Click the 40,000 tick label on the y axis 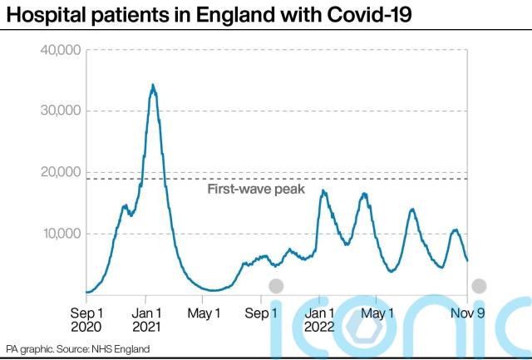pyautogui.click(x=60, y=50)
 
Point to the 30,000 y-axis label pyautogui.click(x=60, y=111)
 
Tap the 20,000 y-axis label pyautogui.click(x=60, y=172)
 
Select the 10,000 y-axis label pyautogui.click(x=60, y=233)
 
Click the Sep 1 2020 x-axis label pyautogui.click(x=87, y=320)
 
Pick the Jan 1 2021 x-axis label pyautogui.click(x=146, y=320)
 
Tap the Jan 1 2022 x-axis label pyautogui.click(x=320, y=320)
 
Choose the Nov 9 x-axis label pyautogui.click(x=465, y=313)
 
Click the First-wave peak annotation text pyautogui.click(x=256, y=190)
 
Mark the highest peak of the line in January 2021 pyautogui.click(x=153, y=85)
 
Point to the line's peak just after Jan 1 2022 pyautogui.click(x=323, y=191)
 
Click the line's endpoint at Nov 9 pyautogui.click(x=467, y=261)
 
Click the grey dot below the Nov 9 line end pyautogui.click(x=479, y=286)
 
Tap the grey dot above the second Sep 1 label pyautogui.click(x=276, y=286)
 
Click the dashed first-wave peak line pyautogui.click(x=374, y=179)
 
